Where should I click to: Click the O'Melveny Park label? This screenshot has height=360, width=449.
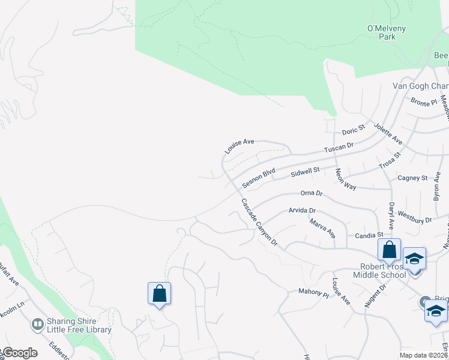point(382,32)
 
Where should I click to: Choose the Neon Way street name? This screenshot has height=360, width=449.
point(346,179)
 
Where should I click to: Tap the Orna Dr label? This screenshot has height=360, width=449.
point(311,194)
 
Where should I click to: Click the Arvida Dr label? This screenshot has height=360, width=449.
point(302,211)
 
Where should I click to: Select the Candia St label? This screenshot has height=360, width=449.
point(369,235)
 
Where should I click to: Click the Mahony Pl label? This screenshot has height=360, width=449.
point(314,293)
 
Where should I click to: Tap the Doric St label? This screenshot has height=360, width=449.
point(354,130)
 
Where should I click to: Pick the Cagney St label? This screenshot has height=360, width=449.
point(412,178)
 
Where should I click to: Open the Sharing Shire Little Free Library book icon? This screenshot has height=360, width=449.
point(37,325)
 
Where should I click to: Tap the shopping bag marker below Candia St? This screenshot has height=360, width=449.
point(389,249)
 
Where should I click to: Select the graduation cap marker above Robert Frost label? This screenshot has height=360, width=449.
point(414,259)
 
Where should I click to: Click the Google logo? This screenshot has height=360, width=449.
point(19,353)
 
